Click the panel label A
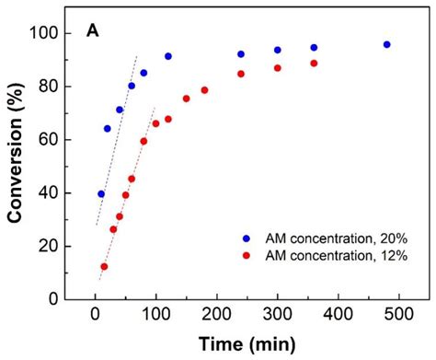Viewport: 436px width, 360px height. [x=93, y=31]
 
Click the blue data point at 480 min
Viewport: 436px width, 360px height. [x=386, y=44]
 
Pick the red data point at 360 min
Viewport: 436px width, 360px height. [x=314, y=64]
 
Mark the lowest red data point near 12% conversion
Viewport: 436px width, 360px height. [x=104, y=266]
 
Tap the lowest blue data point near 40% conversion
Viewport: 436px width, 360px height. [x=101, y=193]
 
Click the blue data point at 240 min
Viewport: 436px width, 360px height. [x=241, y=54]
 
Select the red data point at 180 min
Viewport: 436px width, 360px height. [x=204, y=90]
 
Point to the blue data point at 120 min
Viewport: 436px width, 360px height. [x=168, y=56]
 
